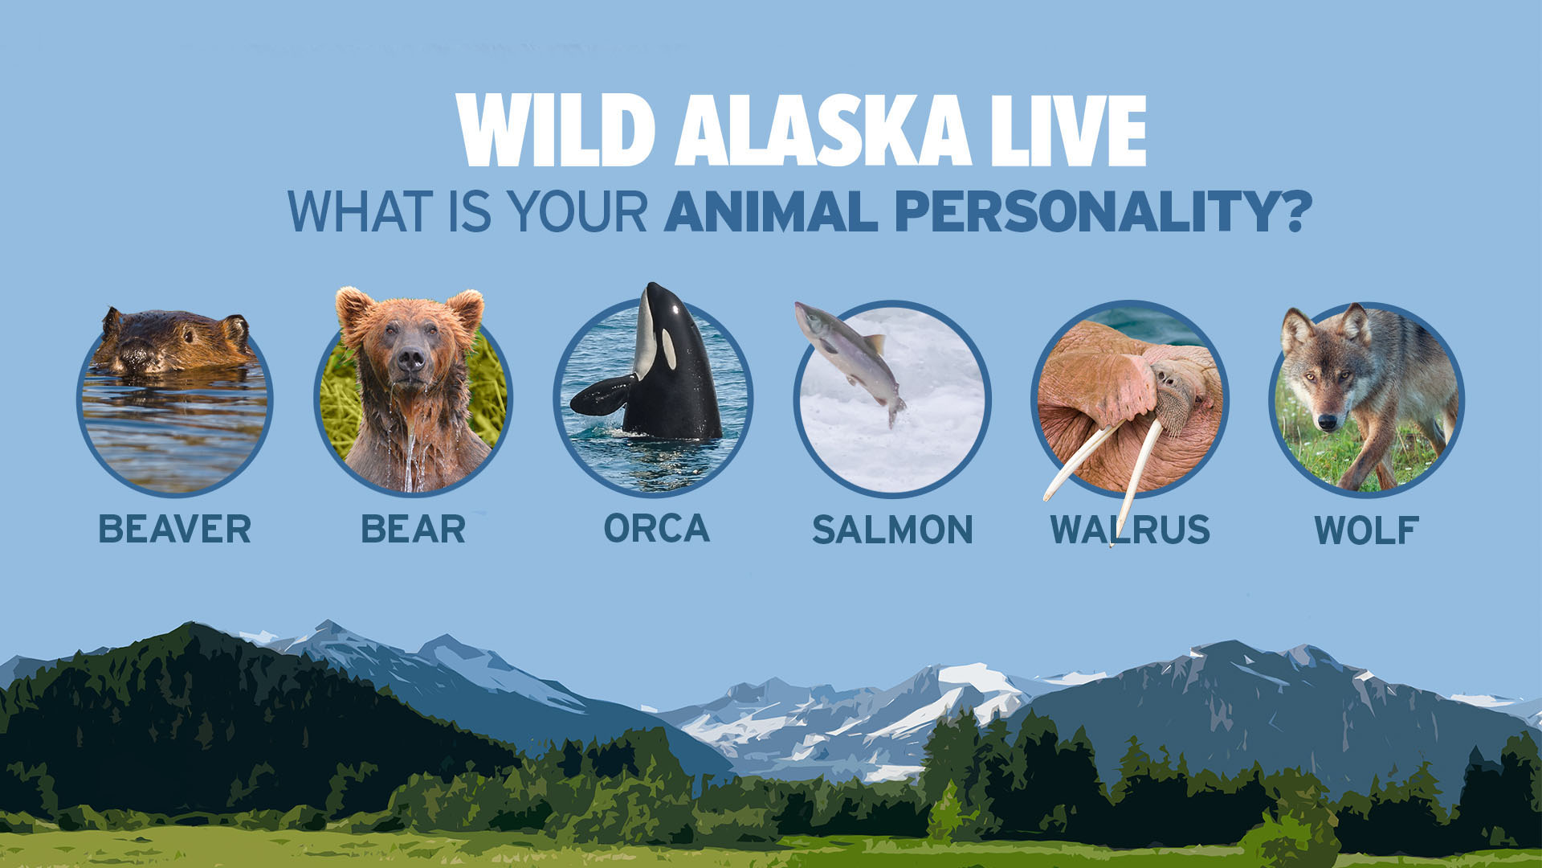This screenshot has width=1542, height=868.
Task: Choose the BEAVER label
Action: [x=175, y=530]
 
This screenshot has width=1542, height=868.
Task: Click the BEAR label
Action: [x=414, y=530]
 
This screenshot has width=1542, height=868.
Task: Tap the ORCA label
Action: [x=657, y=528]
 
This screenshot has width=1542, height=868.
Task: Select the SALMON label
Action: [x=892, y=530]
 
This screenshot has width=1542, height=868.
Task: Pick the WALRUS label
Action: [x=1130, y=530]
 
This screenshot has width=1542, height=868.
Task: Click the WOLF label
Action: [x=1366, y=530]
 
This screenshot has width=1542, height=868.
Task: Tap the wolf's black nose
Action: [x=1328, y=421]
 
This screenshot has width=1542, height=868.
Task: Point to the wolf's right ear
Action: [x=1354, y=323]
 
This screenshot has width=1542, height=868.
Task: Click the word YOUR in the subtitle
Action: [x=577, y=211]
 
